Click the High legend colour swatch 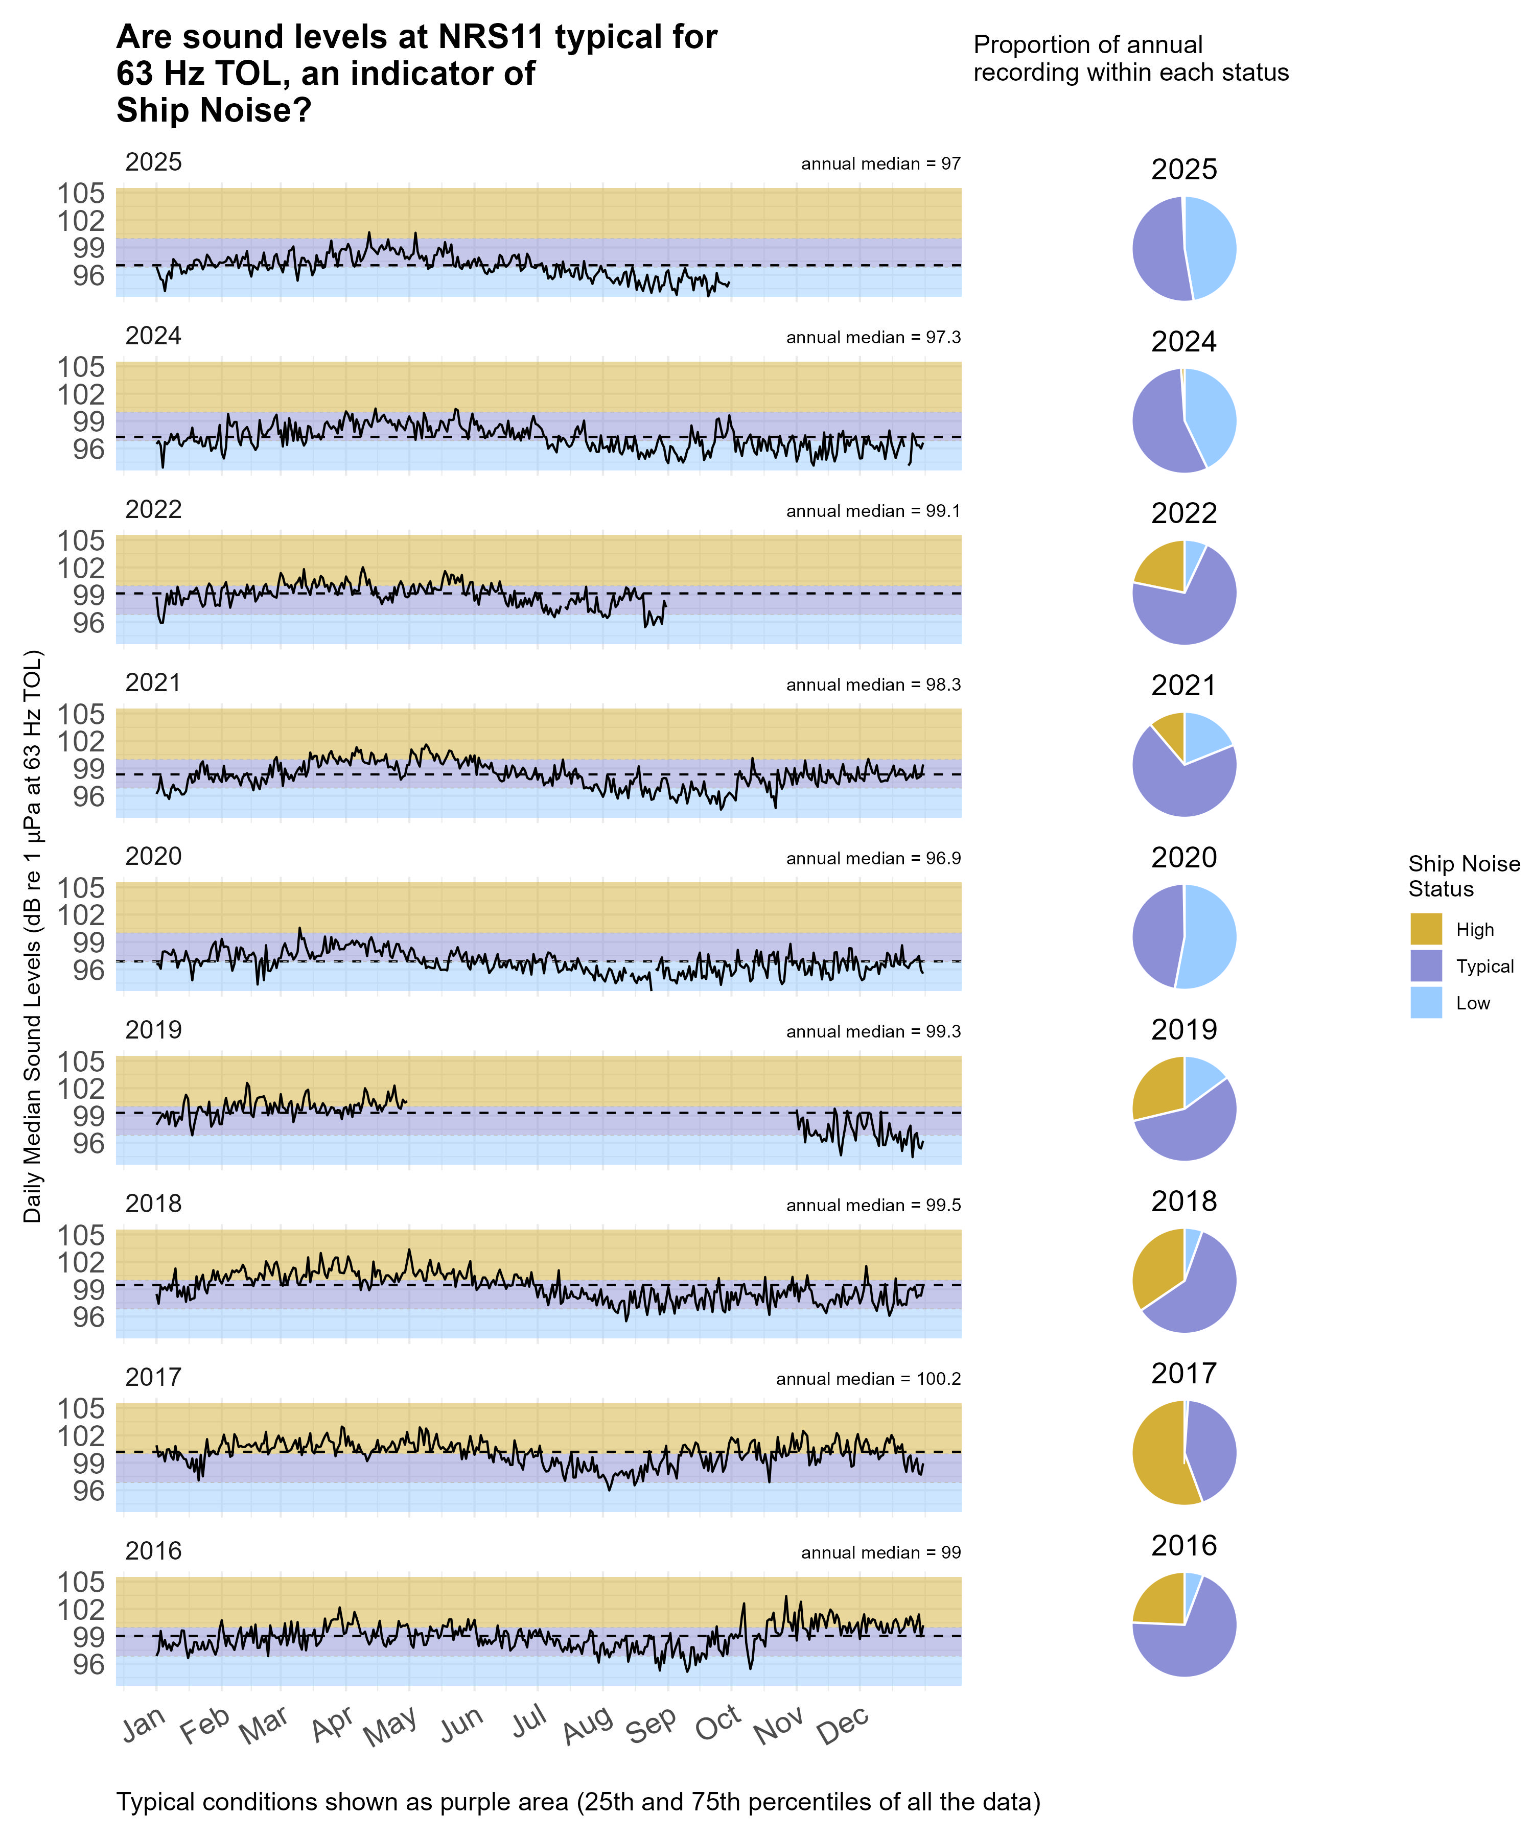pyautogui.click(x=1425, y=929)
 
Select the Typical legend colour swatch pyautogui.click(x=1425, y=966)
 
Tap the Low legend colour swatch pyautogui.click(x=1425, y=1003)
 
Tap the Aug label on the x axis pyautogui.click(x=587, y=1725)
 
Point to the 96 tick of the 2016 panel pyautogui.click(x=87, y=1664)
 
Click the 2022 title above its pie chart pyautogui.click(x=1183, y=513)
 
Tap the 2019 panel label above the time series pyautogui.click(x=153, y=1030)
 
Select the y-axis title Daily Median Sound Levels pyautogui.click(x=32, y=937)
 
